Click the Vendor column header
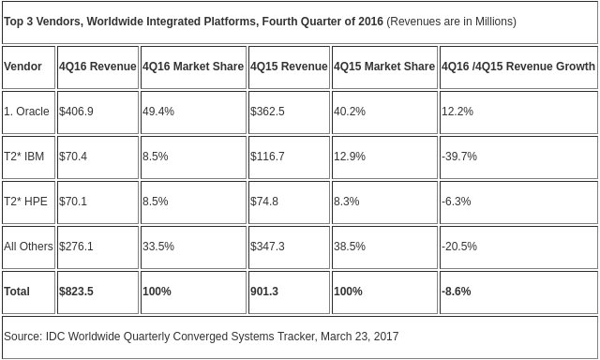coord(22,67)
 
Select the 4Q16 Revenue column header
coord(97,67)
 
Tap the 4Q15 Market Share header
coord(384,67)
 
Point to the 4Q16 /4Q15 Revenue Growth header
coord(518,67)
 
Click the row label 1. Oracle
coord(26,112)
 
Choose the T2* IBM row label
coord(23,156)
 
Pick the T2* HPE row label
coord(25,202)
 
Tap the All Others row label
coord(28,246)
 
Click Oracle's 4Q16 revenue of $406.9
coord(76,112)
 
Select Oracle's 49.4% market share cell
coord(158,112)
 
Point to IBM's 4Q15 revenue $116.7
coord(267,156)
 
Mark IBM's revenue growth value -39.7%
coord(459,156)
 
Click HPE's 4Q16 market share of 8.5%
coord(156,202)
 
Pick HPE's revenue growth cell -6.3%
coord(457,202)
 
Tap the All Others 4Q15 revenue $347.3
coord(267,246)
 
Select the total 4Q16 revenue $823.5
coord(76,292)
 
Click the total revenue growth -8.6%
coord(457,292)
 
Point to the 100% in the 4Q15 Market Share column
coord(348,292)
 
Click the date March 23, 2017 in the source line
coord(360,337)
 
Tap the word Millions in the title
coord(494,22)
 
